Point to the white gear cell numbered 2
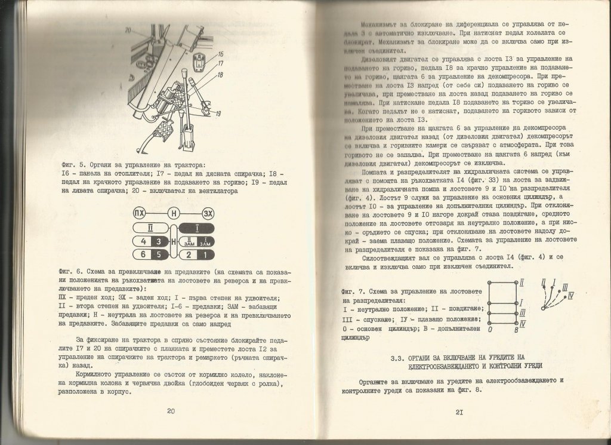[189, 255]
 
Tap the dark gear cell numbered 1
[204, 255]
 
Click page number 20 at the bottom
[170, 412]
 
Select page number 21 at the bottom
[459, 412]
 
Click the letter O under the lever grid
[490, 328]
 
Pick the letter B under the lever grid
[516, 328]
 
